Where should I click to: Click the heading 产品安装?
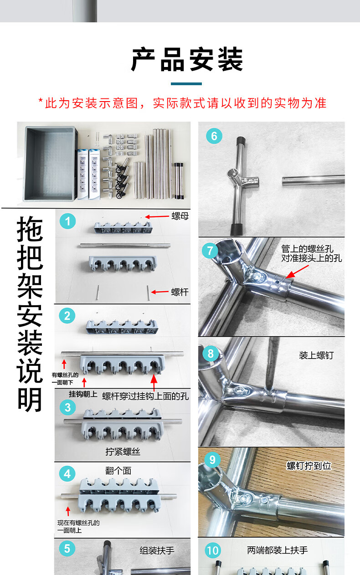187,59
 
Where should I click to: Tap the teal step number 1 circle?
67,221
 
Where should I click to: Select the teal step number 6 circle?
214,136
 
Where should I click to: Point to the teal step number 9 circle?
212,460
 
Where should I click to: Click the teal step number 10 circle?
213,550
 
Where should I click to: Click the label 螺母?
180,216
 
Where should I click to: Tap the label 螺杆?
180,292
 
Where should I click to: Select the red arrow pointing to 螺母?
157,217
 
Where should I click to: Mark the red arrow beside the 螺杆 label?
159,292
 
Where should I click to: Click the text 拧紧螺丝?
123,452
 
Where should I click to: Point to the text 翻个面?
118,471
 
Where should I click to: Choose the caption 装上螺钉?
316,355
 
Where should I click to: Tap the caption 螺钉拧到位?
309,466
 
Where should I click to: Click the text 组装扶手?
157,550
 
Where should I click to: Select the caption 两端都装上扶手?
278,550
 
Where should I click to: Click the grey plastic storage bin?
50,164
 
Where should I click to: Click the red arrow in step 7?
297,272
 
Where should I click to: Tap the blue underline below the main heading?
186,84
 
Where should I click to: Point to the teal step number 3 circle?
67,407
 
